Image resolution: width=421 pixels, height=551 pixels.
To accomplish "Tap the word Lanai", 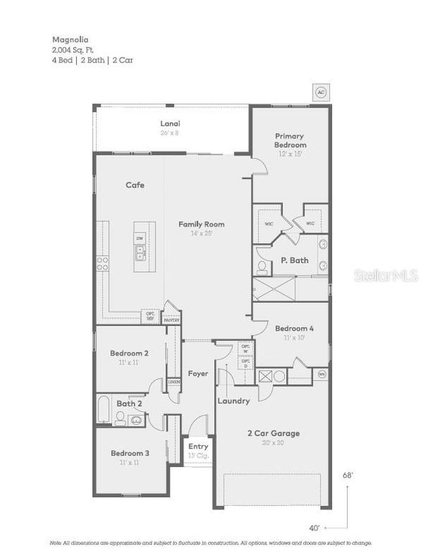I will [x=170, y=123].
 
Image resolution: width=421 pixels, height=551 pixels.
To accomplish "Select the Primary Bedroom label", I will [x=289, y=140].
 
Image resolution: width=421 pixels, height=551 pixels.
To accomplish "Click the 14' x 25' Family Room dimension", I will [x=202, y=233].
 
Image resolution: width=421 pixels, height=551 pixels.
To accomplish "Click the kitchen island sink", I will [x=140, y=252].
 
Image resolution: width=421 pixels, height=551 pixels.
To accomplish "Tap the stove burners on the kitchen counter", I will [x=102, y=263].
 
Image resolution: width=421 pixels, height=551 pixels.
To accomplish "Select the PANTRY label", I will [x=171, y=320].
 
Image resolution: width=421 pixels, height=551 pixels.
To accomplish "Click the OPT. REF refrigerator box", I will [x=151, y=315].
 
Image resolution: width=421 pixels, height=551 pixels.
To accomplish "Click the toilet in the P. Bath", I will [x=262, y=268].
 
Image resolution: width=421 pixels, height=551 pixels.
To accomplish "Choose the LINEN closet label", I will [x=174, y=382].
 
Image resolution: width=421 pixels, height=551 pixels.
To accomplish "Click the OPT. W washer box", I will [x=245, y=349].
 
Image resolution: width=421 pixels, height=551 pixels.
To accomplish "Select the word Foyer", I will [x=198, y=373].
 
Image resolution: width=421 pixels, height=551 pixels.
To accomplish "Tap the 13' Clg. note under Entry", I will [x=198, y=456].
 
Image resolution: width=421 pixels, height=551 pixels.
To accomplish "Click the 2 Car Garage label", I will [x=273, y=433].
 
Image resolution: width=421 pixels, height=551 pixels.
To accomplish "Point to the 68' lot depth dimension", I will [x=348, y=475].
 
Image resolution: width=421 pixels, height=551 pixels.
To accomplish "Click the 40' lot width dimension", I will [x=313, y=528].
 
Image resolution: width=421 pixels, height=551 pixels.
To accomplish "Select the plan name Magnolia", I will [x=67, y=40].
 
